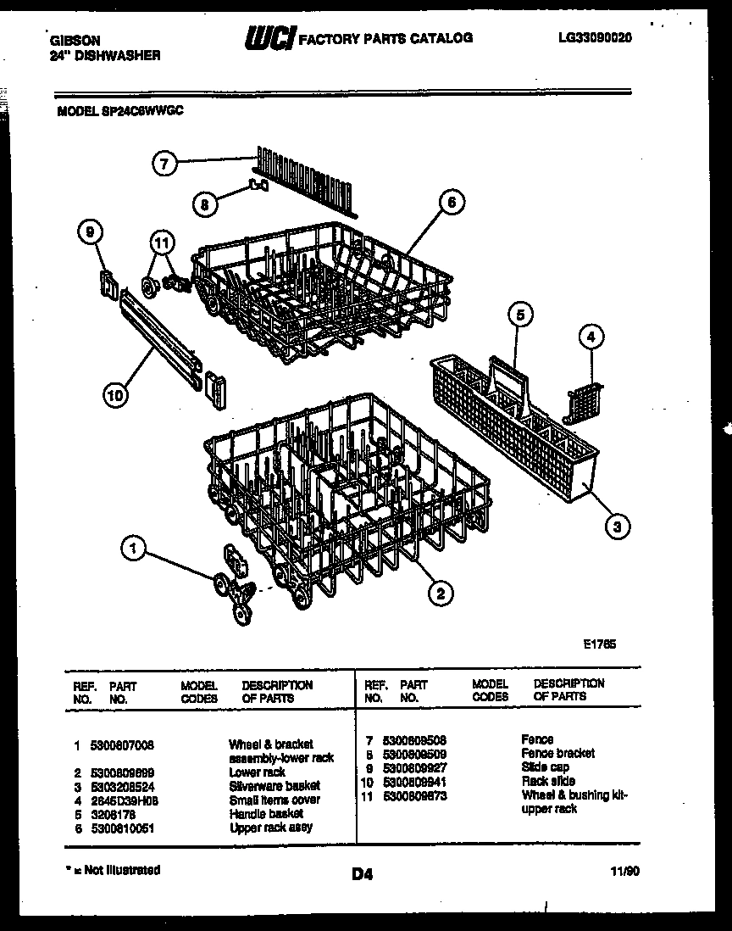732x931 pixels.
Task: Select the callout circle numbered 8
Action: (204, 203)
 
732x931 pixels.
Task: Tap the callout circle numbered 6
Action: (452, 202)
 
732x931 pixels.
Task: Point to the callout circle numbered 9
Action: (90, 231)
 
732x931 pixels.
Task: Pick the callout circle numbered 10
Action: (115, 393)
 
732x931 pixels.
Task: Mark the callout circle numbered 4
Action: (591, 337)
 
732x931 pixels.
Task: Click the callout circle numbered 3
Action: (617, 527)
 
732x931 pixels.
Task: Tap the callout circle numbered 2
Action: (439, 594)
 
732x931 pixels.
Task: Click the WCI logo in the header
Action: (269, 38)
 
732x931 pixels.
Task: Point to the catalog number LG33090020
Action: (595, 37)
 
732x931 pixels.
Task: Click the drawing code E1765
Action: (598, 644)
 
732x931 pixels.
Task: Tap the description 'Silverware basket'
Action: (274, 786)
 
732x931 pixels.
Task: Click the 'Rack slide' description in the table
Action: (548, 781)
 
